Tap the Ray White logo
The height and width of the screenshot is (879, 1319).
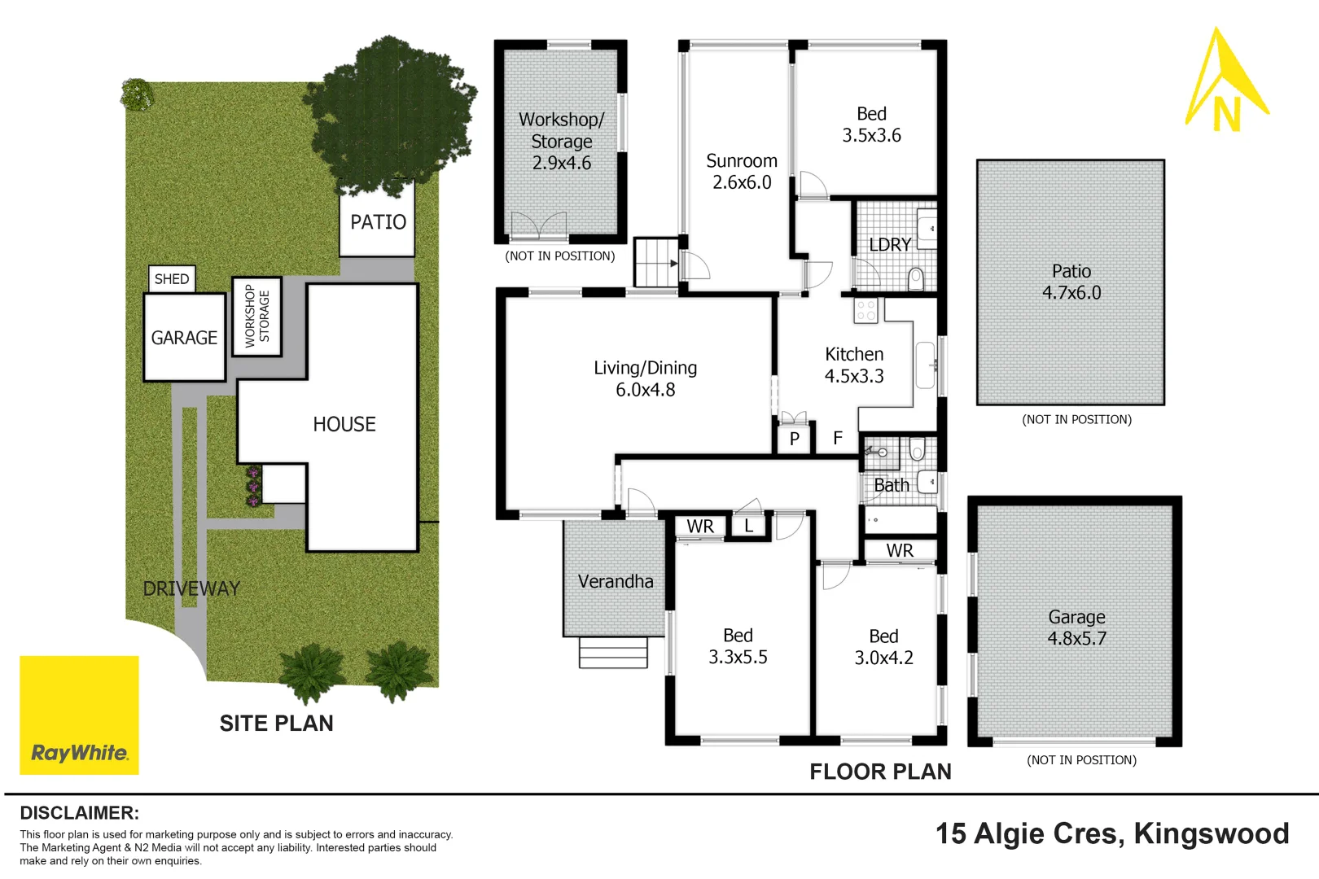coord(79,715)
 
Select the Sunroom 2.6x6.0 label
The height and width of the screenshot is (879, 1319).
coord(741,172)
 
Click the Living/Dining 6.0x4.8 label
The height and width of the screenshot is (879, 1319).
coord(645,378)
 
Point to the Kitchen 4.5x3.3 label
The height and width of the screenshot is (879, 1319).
coord(853,365)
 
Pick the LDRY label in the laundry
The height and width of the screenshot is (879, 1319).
coord(889,245)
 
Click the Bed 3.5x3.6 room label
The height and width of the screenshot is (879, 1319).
coord(871,125)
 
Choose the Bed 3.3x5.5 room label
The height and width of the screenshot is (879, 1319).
coord(738,646)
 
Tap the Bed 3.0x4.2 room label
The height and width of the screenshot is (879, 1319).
coord(883,647)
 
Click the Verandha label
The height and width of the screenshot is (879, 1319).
coord(616,581)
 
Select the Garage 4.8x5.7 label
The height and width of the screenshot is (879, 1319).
coord(1076,628)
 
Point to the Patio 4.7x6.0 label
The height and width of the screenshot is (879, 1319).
coord(1071,282)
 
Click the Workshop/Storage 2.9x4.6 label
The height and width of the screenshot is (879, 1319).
coord(561,141)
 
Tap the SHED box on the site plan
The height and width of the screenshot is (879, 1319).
coord(172,279)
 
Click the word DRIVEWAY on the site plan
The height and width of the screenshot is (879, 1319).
coord(191,588)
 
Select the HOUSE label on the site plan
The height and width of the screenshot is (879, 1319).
coord(344,424)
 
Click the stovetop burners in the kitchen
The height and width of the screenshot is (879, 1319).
coord(865,310)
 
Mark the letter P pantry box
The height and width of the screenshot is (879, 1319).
coord(794,439)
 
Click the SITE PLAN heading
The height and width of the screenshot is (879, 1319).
coord(276,724)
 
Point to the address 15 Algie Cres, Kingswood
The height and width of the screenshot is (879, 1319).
coord(1111,833)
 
